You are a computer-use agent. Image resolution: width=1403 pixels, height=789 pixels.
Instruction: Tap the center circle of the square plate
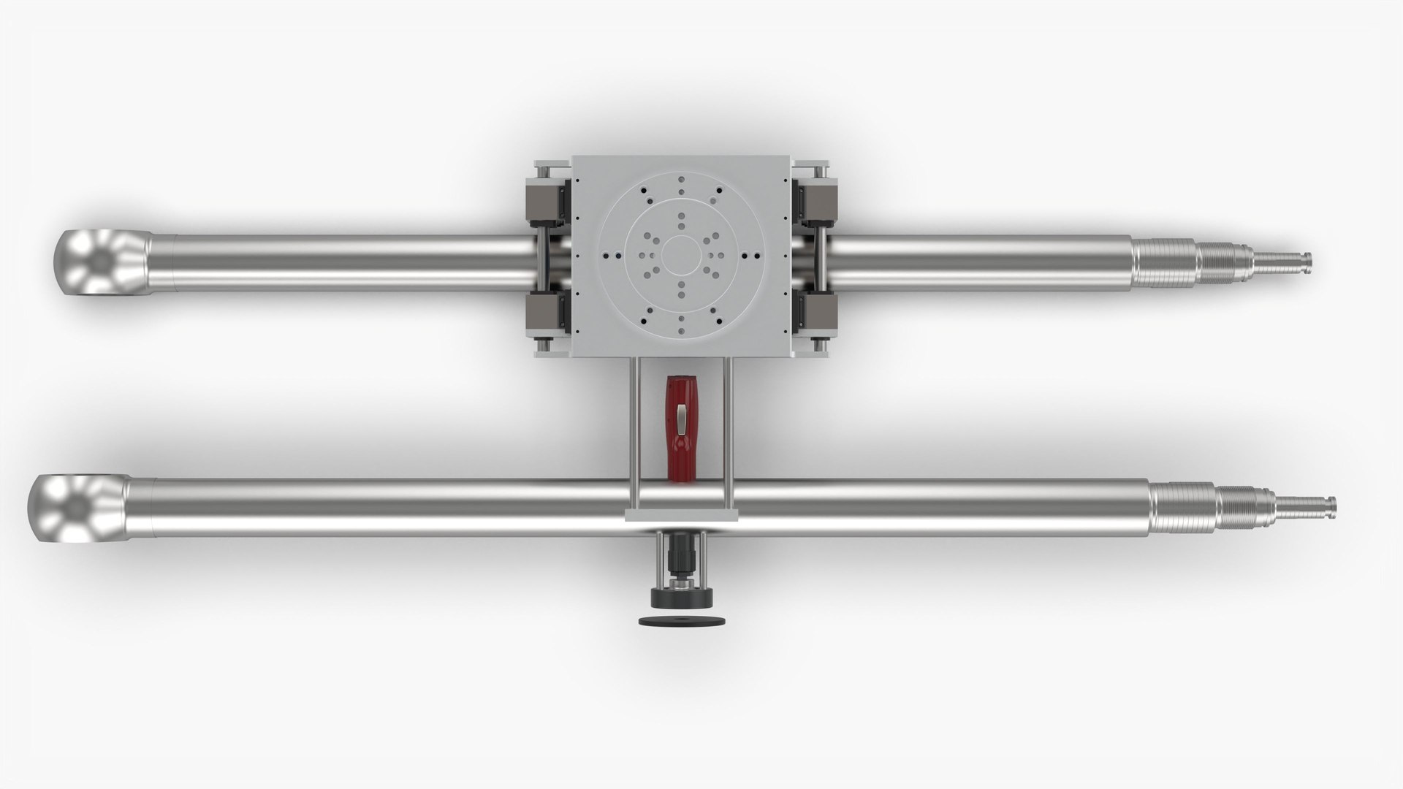click(681, 256)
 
